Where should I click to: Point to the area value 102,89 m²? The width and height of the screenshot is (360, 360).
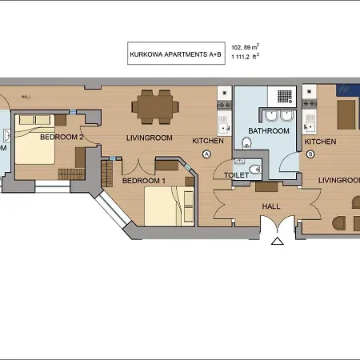tap(246, 47)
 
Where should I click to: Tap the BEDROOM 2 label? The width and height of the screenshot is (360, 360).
tap(62, 137)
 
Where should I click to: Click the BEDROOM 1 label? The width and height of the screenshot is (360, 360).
tap(143, 181)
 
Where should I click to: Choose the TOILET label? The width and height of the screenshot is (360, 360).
tap(237, 174)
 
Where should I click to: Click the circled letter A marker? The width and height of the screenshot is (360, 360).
tap(206, 154)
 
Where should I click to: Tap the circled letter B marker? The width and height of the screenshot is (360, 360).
tap(310, 154)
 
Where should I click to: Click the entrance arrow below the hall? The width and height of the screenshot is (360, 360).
tap(277, 241)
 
